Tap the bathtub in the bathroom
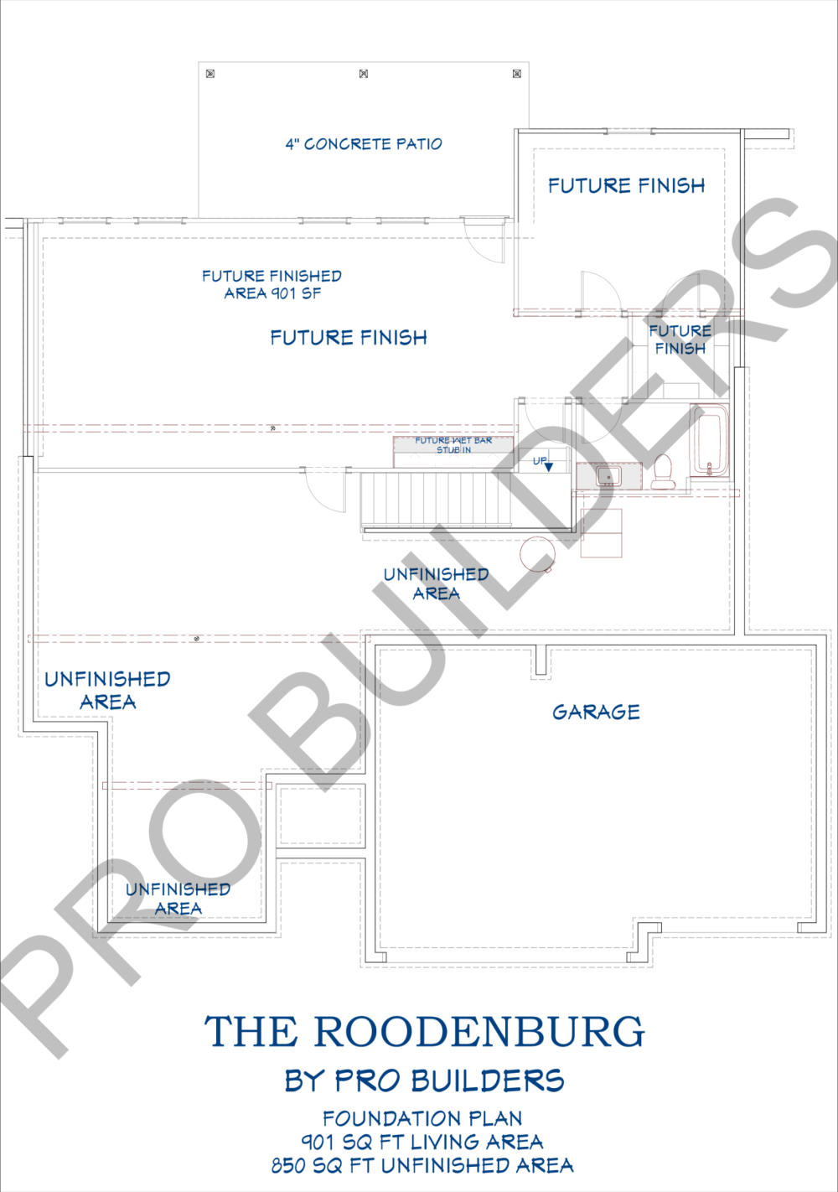(x=709, y=440)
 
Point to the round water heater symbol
(x=537, y=553)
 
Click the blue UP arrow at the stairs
(x=549, y=467)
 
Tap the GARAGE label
(x=596, y=712)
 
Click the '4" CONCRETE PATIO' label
(x=364, y=143)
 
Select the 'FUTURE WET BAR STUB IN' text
(x=453, y=445)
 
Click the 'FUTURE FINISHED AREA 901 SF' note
(x=272, y=285)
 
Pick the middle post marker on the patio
(x=364, y=74)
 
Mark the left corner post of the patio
(x=210, y=74)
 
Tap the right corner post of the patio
(x=517, y=74)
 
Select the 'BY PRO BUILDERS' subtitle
(x=424, y=1081)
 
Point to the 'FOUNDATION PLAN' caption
(x=422, y=1118)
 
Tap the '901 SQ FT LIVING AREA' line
(x=422, y=1142)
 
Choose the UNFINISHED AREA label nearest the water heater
(x=437, y=583)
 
